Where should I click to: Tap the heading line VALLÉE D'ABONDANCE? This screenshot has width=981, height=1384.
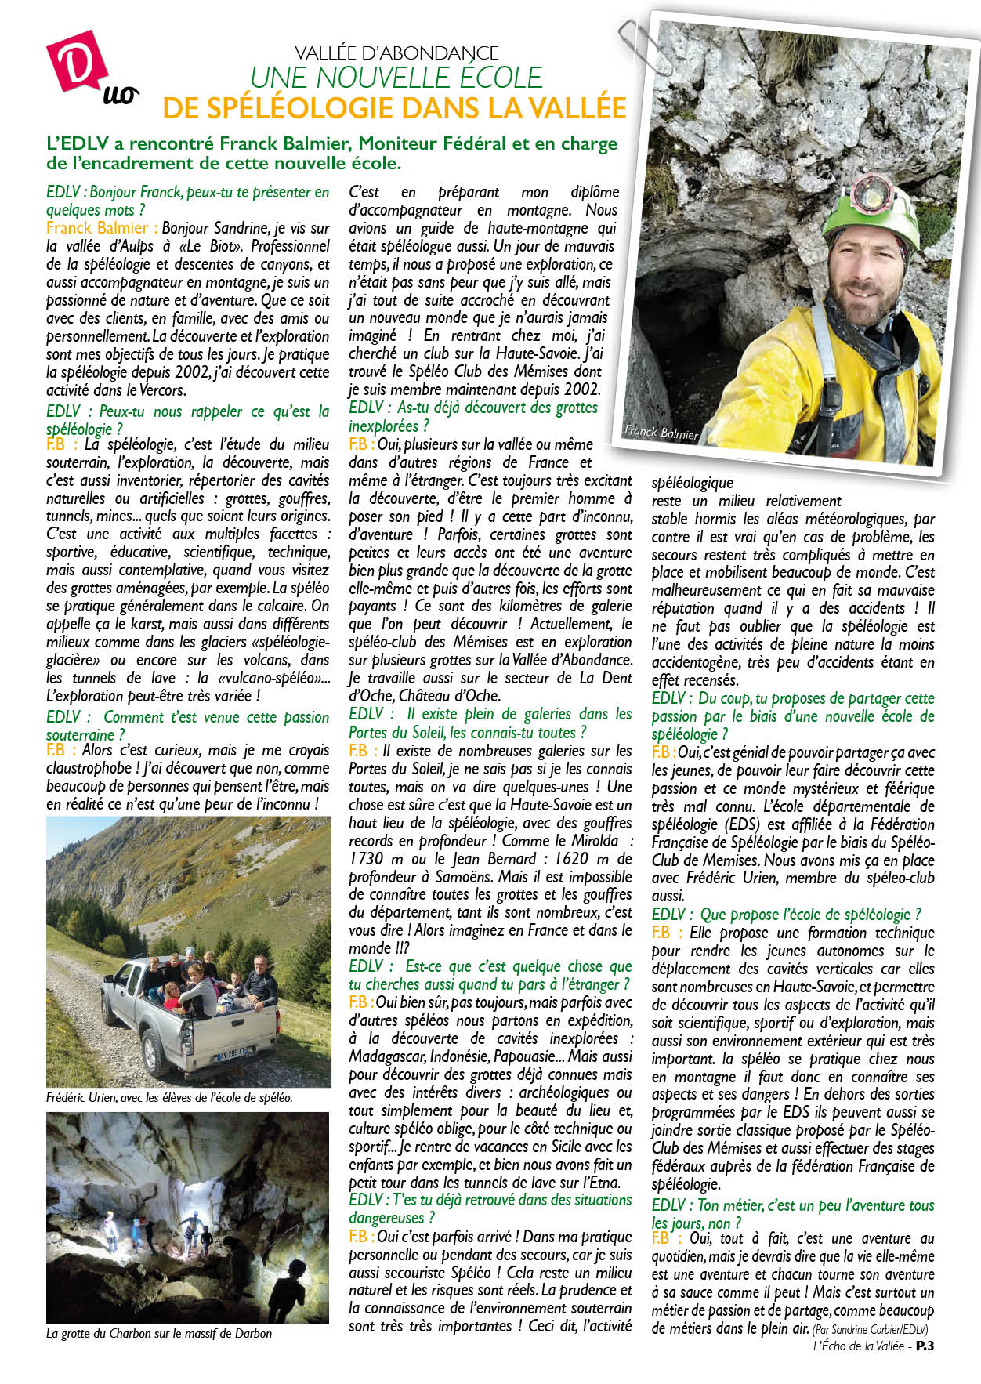396,53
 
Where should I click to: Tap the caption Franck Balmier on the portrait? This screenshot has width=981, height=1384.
661,432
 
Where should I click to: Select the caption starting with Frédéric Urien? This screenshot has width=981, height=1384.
169,1098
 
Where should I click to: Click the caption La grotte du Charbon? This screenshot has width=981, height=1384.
159,1333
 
